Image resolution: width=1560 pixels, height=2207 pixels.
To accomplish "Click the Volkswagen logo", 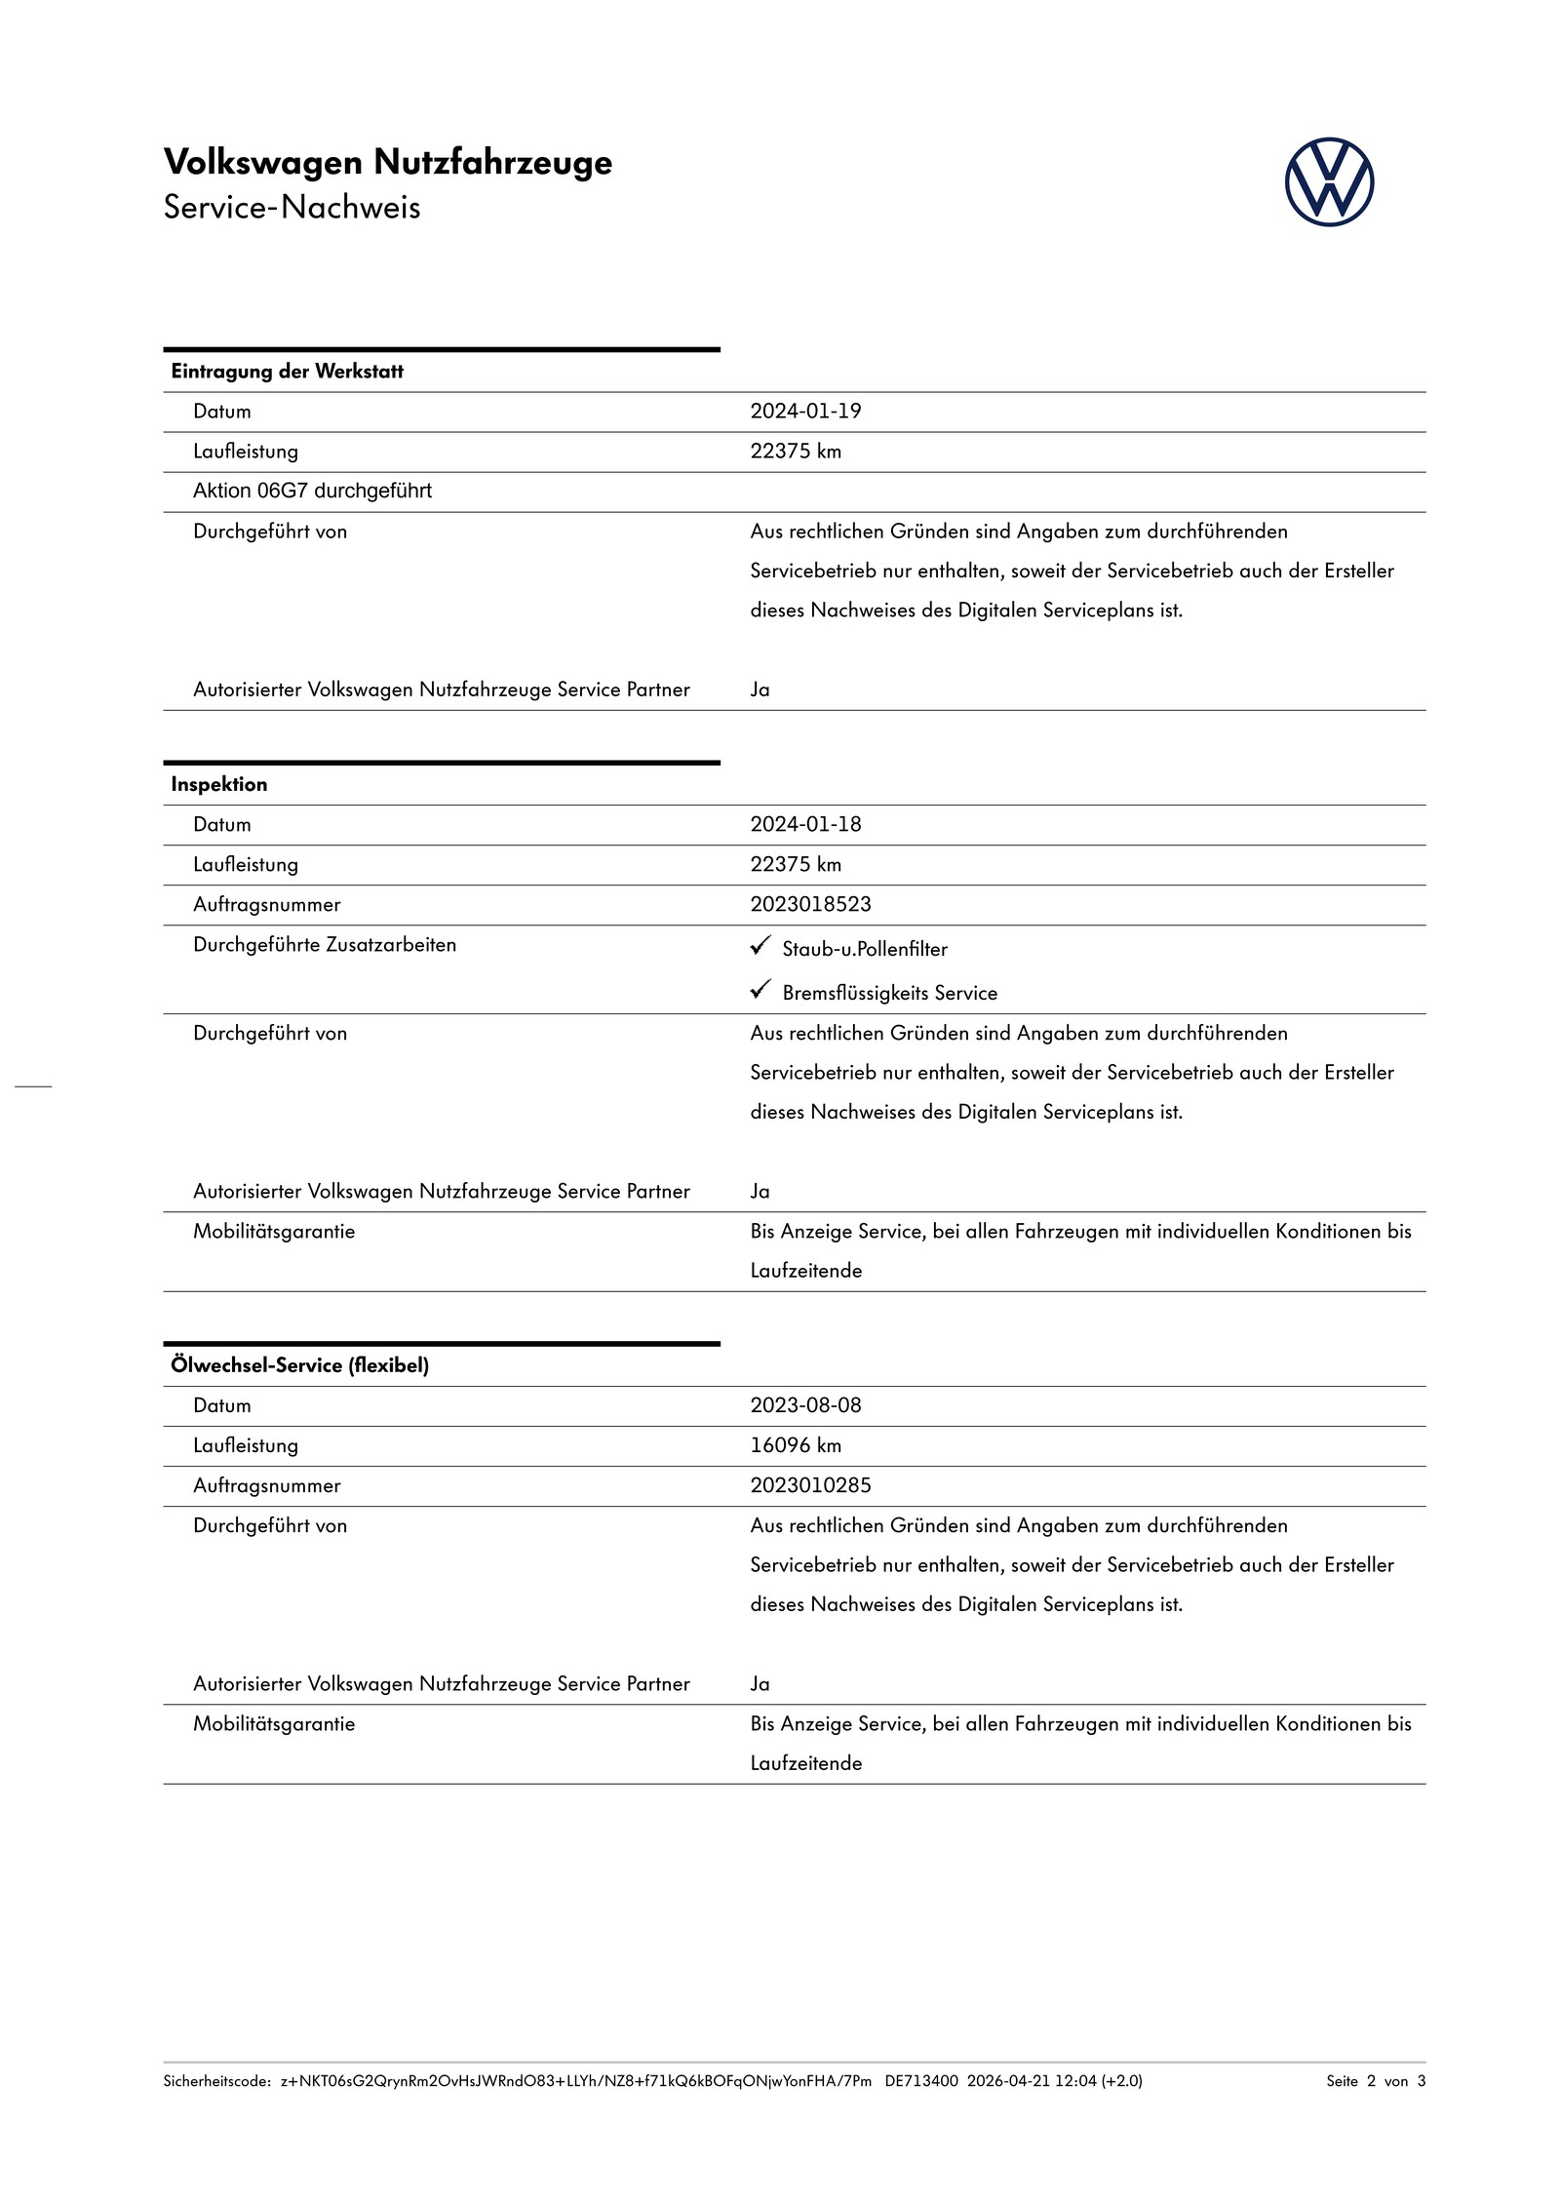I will click(x=1328, y=182).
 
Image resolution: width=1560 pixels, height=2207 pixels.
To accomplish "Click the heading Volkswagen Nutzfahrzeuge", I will click(x=387, y=162).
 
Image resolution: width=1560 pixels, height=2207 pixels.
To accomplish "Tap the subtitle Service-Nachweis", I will click(x=292, y=208).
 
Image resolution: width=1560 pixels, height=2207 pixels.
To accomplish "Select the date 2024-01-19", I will click(x=805, y=412).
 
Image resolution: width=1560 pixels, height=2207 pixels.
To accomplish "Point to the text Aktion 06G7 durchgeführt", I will click(x=312, y=492).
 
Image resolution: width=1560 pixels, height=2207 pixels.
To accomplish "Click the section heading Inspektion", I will click(x=218, y=785).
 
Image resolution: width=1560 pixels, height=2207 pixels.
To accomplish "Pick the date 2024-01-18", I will click(x=805, y=825).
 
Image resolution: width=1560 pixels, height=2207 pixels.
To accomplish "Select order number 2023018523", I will click(x=810, y=905).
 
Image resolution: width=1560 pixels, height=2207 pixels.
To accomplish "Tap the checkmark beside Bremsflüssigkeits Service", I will click(x=760, y=991).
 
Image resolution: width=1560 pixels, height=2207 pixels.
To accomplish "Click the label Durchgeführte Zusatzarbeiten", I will click(x=324, y=945).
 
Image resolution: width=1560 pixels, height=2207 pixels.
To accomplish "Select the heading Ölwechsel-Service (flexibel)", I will click(x=299, y=1366).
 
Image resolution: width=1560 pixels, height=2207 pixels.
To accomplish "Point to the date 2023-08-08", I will click(x=805, y=1406).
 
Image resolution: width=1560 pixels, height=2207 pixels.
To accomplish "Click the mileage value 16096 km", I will click(x=796, y=1446).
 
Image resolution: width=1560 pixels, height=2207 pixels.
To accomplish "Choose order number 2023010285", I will click(x=810, y=1486).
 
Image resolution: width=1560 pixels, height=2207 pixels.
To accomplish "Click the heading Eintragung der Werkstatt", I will click(x=287, y=372).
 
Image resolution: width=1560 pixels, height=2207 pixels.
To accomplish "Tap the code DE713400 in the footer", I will click(x=921, y=2081).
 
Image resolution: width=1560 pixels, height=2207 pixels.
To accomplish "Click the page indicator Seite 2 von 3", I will click(x=1375, y=2081).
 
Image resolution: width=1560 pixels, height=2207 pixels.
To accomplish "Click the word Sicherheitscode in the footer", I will click(x=215, y=2081).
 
